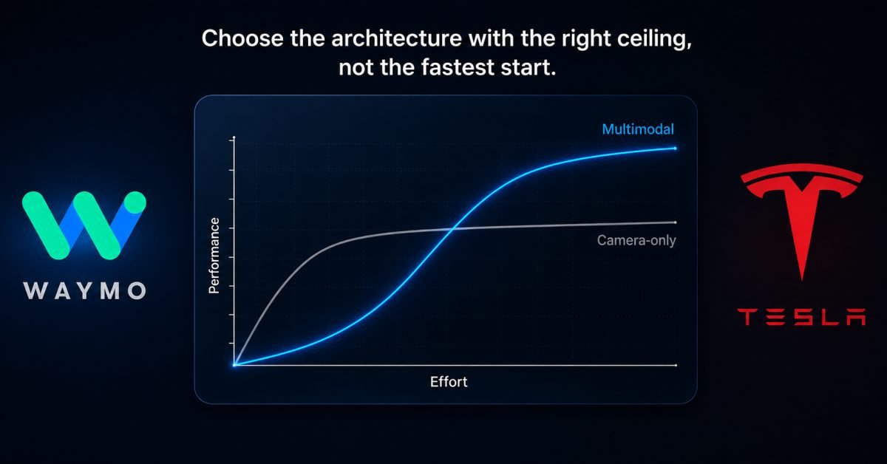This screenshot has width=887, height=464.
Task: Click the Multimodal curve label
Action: tap(638, 129)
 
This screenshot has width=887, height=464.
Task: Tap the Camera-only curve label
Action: tap(636, 240)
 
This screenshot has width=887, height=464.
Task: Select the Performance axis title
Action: tap(214, 256)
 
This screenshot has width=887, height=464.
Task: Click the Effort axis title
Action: tap(449, 382)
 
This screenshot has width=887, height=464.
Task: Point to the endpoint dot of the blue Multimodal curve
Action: tap(675, 149)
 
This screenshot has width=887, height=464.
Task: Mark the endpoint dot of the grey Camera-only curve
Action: tap(675, 222)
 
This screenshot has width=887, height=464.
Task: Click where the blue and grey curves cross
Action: tap(452, 228)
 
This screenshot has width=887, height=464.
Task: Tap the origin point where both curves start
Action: tap(234, 365)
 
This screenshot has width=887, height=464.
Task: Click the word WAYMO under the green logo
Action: tap(85, 290)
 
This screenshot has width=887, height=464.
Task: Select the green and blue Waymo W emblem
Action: tap(84, 225)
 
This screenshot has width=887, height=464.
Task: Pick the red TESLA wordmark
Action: tap(801, 317)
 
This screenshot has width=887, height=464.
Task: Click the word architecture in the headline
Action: tap(396, 39)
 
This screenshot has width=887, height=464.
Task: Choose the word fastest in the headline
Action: tap(458, 67)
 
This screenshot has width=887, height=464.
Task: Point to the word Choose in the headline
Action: tap(242, 39)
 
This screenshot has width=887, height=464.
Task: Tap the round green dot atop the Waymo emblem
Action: tap(135, 202)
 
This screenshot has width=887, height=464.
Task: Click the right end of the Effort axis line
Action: tap(676, 365)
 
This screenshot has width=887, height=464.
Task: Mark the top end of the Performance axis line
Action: tap(234, 137)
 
